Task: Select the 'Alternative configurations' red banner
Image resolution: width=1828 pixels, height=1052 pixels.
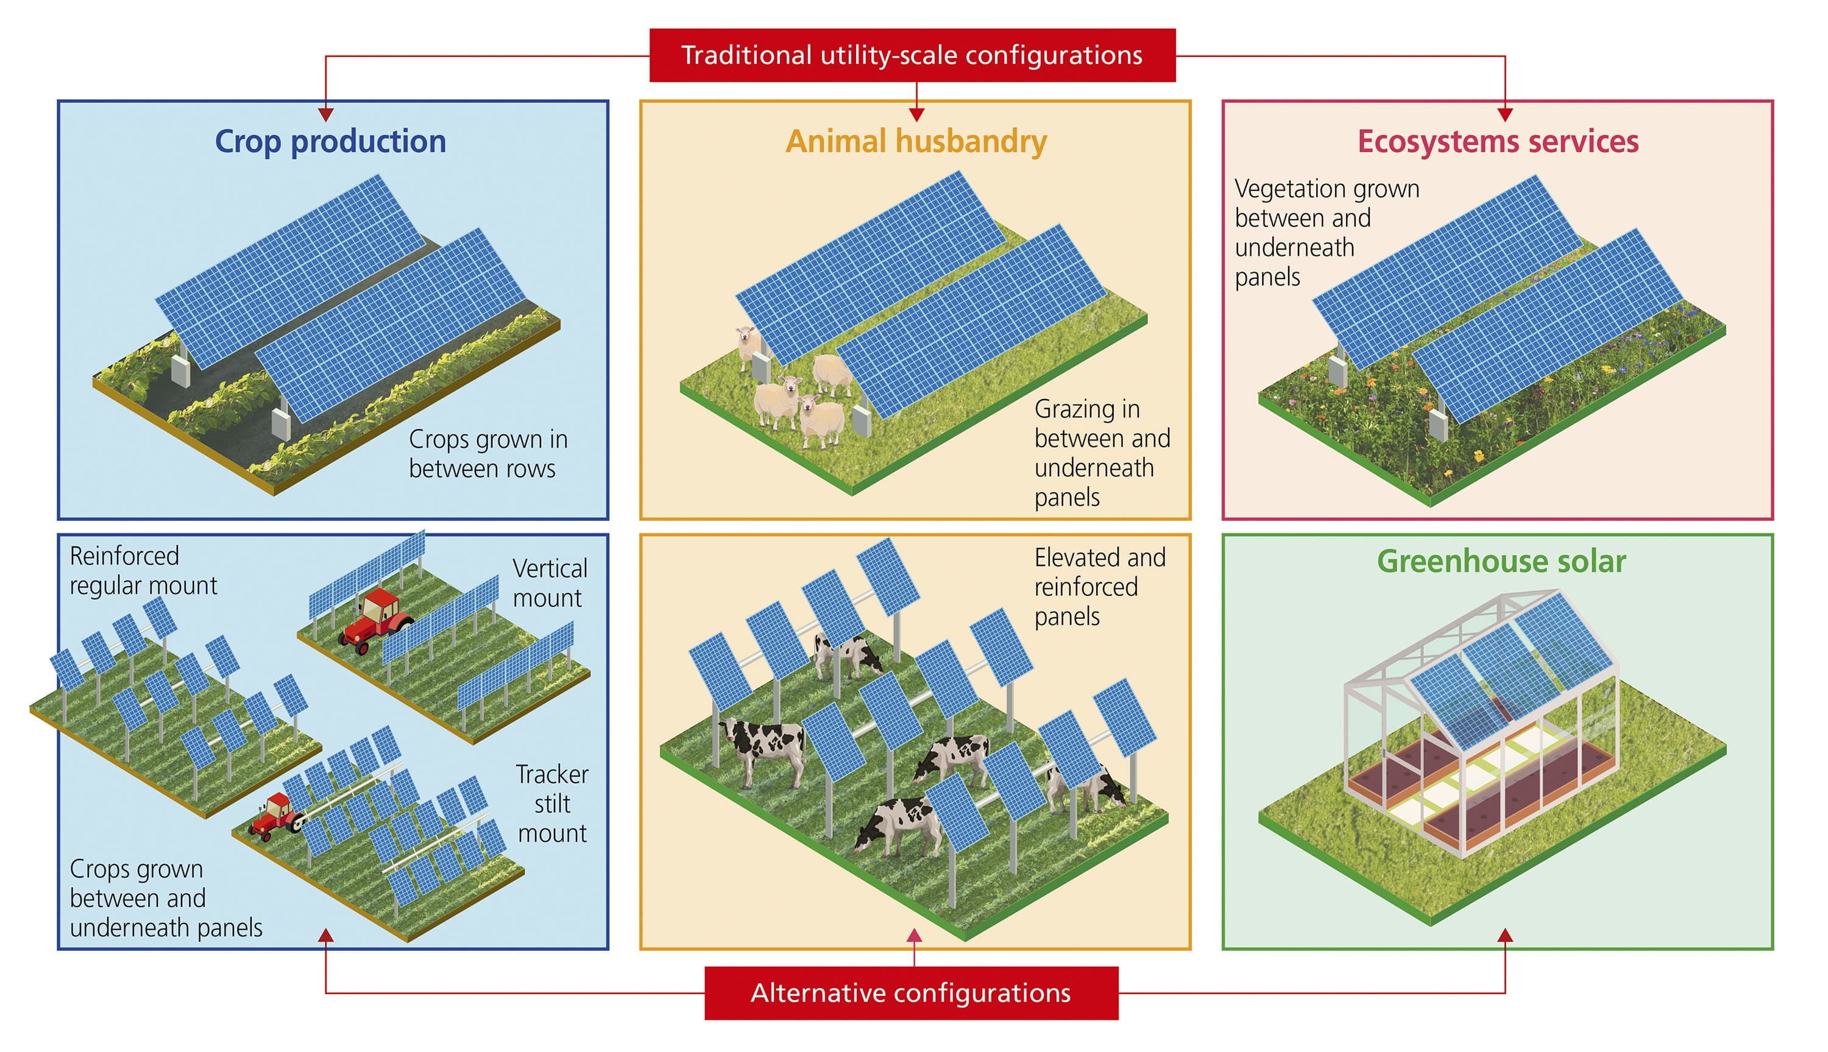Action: pyautogui.click(x=911, y=993)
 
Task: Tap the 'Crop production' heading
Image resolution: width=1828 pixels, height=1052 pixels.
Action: pyautogui.click(x=330, y=141)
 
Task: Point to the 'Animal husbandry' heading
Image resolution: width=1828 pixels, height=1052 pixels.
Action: pyautogui.click(x=916, y=141)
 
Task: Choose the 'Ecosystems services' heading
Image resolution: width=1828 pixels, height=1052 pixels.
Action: pyautogui.click(x=1498, y=141)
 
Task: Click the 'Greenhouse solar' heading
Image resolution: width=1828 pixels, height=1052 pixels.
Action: pyautogui.click(x=1501, y=562)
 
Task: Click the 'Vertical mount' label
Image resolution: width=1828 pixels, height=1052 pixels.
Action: pyautogui.click(x=550, y=583)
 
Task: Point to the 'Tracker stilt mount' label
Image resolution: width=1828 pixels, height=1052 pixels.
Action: pyautogui.click(x=552, y=803)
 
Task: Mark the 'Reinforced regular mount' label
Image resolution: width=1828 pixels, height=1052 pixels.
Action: pyautogui.click(x=143, y=571)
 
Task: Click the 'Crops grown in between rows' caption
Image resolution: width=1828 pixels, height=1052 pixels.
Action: pyautogui.click(x=489, y=454)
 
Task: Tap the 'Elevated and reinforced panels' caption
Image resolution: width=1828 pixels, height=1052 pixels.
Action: pyautogui.click(x=1100, y=587)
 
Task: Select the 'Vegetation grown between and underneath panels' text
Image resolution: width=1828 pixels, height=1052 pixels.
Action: pyautogui.click(x=1327, y=233)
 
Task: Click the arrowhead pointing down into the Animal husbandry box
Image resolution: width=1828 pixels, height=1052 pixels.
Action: pyautogui.click(x=916, y=114)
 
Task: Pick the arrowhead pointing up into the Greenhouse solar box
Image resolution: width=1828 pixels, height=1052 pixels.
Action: pyautogui.click(x=1505, y=936)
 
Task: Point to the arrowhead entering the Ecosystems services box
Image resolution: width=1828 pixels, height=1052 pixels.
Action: pyautogui.click(x=1505, y=114)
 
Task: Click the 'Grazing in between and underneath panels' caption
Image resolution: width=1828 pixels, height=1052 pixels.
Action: pyautogui.click(x=1102, y=453)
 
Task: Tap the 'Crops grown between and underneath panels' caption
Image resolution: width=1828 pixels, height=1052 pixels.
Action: pyautogui.click(x=166, y=898)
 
